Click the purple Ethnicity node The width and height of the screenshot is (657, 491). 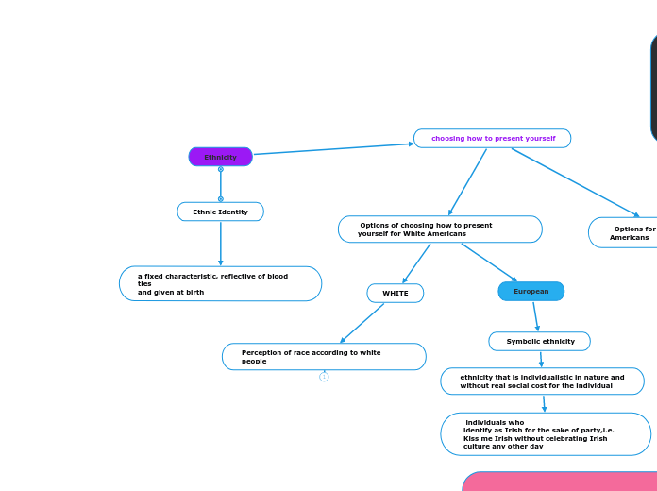point(220,157)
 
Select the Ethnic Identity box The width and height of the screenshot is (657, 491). point(220,212)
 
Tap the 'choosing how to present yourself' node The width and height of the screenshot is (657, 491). point(492,139)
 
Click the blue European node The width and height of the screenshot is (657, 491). point(531,291)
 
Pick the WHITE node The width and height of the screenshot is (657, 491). point(395,293)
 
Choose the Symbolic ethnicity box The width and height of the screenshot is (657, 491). point(539,341)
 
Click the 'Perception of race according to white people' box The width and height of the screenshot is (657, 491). point(324,356)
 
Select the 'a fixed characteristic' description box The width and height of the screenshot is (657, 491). point(220,283)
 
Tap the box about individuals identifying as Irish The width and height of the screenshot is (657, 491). point(545,433)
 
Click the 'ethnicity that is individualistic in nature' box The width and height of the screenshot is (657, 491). point(542,381)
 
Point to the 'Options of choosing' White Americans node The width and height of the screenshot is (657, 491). point(440,229)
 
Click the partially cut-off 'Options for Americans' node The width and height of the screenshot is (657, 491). point(624,232)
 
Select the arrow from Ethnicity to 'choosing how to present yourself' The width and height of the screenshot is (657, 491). point(333,148)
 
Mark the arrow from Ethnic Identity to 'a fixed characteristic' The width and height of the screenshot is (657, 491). point(220,244)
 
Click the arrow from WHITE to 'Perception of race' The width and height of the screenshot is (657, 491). point(362,323)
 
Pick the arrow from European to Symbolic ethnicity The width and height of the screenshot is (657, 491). point(535,315)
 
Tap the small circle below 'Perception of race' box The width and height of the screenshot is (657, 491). point(324,377)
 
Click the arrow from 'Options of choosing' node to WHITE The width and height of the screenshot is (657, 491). point(416,263)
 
